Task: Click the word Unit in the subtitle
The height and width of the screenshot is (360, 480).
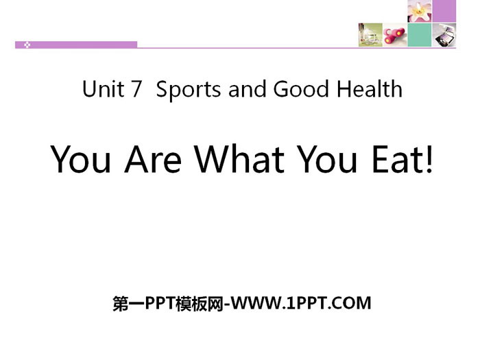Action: point(104,89)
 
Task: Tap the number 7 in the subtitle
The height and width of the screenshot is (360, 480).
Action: point(136,89)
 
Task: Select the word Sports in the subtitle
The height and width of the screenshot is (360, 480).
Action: point(189,90)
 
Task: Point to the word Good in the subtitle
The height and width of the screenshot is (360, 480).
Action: point(300,89)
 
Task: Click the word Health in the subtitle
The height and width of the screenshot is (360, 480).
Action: point(370,89)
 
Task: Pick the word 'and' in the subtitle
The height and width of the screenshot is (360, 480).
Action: point(247,89)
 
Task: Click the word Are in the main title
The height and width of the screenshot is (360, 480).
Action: point(153,159)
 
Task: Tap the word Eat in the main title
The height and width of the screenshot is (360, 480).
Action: point(396,159)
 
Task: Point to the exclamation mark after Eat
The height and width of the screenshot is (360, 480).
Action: point(429,159)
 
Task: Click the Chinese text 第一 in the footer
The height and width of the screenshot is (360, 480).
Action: point(128,303)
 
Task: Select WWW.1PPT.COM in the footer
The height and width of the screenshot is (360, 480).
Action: point(300,303)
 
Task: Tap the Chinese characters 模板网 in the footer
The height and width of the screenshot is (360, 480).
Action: point(200,303)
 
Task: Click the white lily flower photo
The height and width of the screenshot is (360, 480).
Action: point(420,11)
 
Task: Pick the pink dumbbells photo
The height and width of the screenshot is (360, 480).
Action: point(395,35)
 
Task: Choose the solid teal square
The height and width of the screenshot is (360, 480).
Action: point(420,35)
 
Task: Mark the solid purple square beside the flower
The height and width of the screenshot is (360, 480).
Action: point(444,11)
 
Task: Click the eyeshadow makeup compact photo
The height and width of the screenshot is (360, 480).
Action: point(444,35)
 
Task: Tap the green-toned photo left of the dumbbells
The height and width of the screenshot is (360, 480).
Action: point(370,35)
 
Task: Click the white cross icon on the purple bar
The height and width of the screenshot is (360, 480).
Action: point(27,45)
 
